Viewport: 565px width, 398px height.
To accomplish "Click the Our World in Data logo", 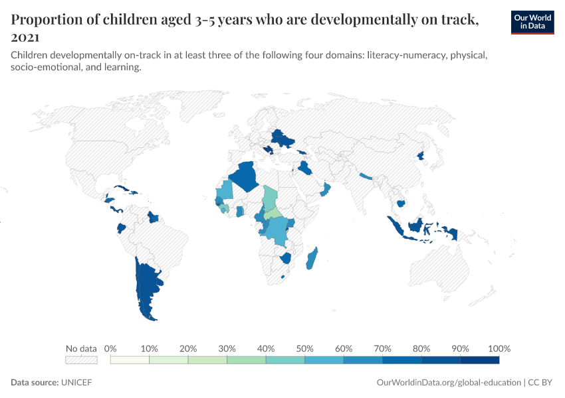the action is pyautogui.click(x=532, y=23).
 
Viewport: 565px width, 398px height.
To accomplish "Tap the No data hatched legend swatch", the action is pyautogui.click(x=81, y=360).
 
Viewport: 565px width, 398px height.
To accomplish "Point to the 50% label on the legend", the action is pyautogui.click(x=304, y=348).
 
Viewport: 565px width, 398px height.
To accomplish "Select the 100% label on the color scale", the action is pyautogui.click(x=499, y=348).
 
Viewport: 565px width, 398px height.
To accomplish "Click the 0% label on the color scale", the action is pyautogui.click(x=110, y=348).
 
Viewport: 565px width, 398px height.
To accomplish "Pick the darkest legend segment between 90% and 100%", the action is pyautogui.click(x=480, y=360).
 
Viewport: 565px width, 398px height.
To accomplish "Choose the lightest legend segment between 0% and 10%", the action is pyautogui.click(x=130, y=360).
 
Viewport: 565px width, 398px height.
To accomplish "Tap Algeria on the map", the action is pyautogui.click(x=245, y=176).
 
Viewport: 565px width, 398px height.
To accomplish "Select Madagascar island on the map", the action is pyautogui.click(x=311, y=259).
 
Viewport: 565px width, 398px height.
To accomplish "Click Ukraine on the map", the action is pyautogui.click(x=282, y=139).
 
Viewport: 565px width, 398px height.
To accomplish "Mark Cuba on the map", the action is pyautogui.click(x=125, y=190).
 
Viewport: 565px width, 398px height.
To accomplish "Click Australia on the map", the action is pyautogui.click(x=439, y=266).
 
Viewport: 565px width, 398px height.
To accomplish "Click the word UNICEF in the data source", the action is pyautogui.click(x=76, y=382).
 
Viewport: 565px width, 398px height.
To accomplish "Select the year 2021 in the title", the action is pyautogui.click(x=25, y=37).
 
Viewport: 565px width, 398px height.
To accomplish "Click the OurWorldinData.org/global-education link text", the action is pyautogui.click(x=449, y=383).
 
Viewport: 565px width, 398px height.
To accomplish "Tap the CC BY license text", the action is pyautogui.click(x=540, y=383).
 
